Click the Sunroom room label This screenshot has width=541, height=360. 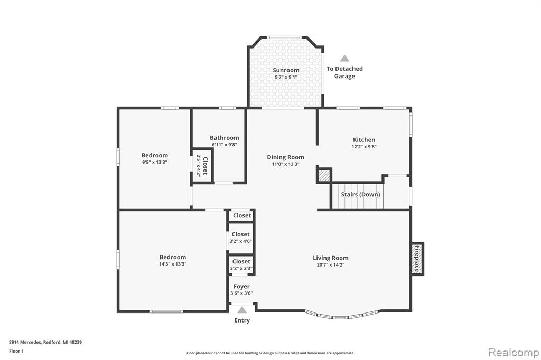(x=286, y=70)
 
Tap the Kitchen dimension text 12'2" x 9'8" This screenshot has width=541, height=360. (x=364, y=147)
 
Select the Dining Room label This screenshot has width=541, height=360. (x=286, y=157)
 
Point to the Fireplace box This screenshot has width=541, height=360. (x=417, y=259)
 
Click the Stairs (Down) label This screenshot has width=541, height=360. (x=360, y=194)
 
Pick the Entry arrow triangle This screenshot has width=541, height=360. (x=242, y=310)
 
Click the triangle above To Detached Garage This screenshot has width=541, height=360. (x=344, y=58)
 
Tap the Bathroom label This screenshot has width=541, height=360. (x=224, y=138)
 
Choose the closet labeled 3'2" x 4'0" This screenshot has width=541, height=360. (x=240, y=238)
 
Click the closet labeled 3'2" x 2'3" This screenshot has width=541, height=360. (x=241, y=265)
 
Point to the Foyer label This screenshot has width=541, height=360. (x=241, y=286)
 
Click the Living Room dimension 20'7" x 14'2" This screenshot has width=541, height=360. (x=331, y=265)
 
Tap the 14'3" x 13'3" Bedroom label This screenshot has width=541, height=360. (x=173, y=257)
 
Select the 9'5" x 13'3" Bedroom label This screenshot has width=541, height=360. (x=155, y=156)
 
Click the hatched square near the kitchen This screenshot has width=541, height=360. (x=324, y=176)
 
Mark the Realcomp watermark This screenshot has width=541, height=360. (x=514, y=353)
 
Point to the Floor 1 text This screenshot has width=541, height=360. (x=16, y=351)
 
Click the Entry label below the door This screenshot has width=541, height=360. (x=242, y=320)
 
